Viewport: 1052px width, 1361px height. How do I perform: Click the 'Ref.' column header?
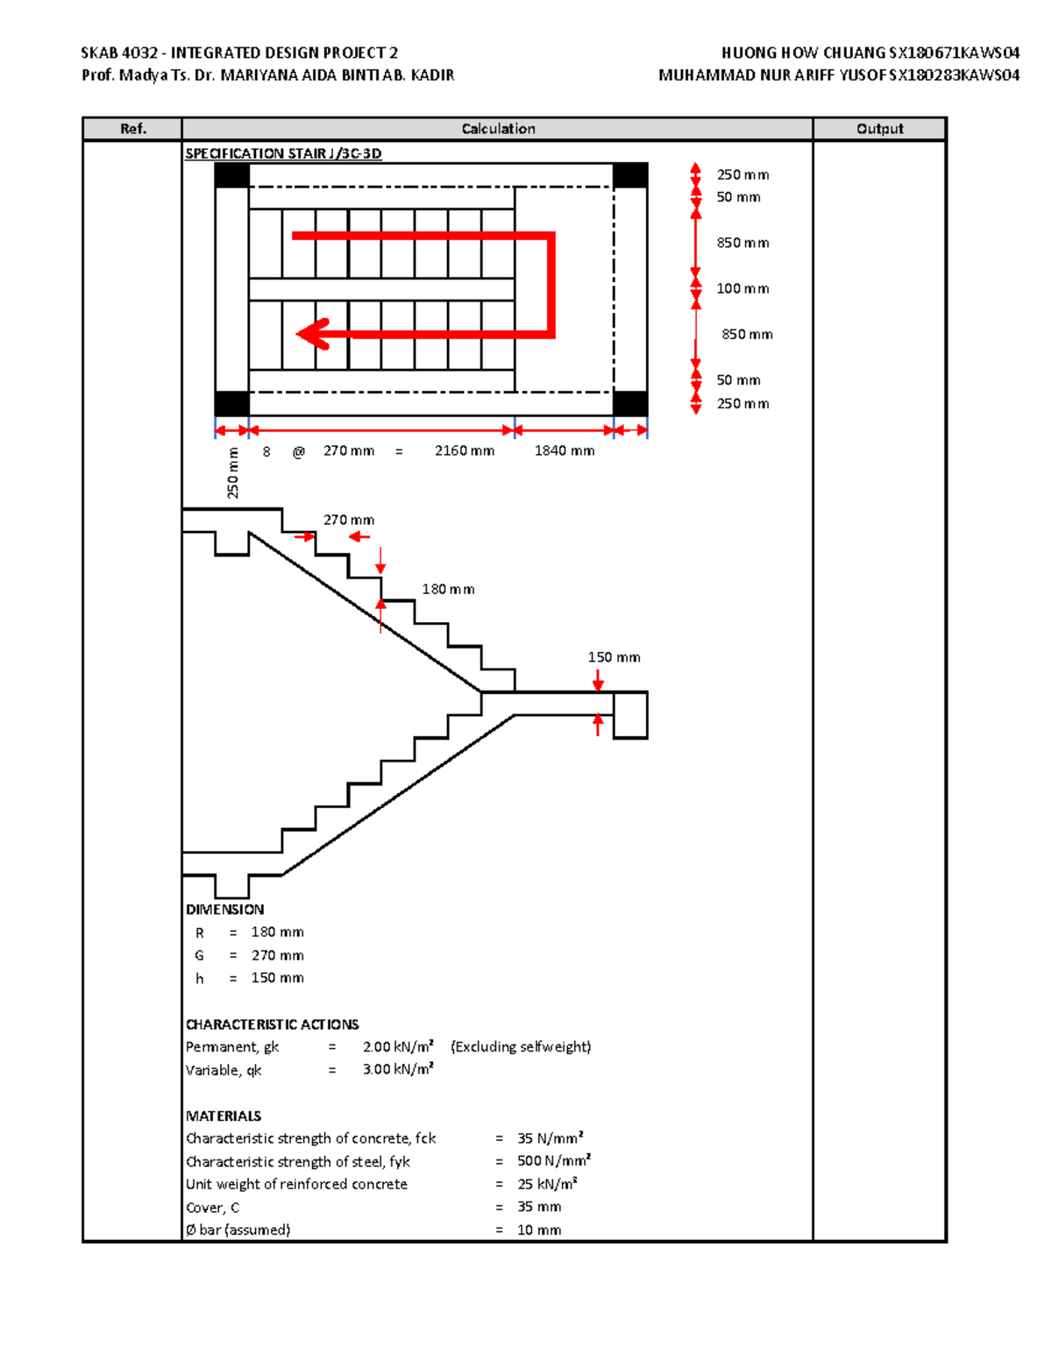132,129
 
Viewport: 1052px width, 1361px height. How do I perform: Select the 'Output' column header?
879,129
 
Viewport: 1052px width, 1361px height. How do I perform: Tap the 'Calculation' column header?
498,129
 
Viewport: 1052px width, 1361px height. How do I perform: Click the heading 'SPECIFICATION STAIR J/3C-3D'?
283,153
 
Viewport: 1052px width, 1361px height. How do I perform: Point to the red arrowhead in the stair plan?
312,334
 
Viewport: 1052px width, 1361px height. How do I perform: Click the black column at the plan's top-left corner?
232,175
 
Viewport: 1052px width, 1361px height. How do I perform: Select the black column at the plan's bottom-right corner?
630,404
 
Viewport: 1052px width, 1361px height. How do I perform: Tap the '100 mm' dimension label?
743,288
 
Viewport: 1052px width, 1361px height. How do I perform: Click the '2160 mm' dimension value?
464,450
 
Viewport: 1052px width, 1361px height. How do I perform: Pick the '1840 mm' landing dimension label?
565,450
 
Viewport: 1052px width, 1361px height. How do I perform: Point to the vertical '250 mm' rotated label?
233,473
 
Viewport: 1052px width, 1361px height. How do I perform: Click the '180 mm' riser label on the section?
448,589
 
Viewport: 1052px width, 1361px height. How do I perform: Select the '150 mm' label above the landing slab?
614,657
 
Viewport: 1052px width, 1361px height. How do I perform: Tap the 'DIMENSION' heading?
224,910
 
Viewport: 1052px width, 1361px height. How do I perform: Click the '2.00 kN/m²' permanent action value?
398,1046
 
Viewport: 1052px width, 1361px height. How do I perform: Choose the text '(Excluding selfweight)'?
521,1046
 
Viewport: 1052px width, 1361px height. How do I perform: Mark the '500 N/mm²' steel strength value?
553,1161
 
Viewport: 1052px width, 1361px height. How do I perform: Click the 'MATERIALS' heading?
224,1116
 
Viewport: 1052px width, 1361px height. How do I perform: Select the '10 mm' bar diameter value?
539,1230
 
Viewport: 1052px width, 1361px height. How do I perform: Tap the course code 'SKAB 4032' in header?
119,53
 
